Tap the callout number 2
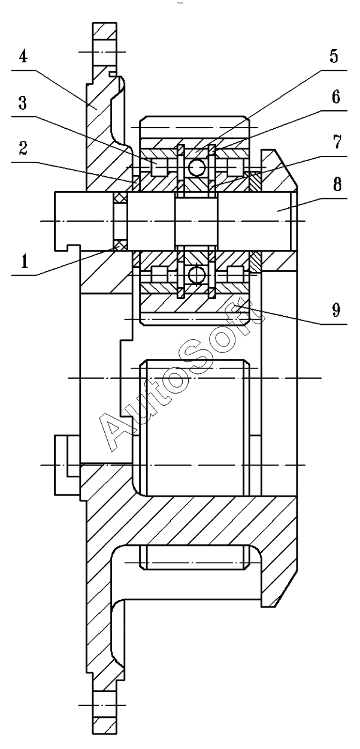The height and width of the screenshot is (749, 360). (x=23, y=149)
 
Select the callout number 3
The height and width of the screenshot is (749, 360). (x=22, y=103)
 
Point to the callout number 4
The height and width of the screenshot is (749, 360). (x=22, y=57)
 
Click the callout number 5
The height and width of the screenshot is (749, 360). (x=335, y=56)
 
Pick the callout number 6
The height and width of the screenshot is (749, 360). (x=336, y=97)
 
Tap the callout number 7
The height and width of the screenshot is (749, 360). (x=337, y=141)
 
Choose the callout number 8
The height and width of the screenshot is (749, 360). (x=337, y=185)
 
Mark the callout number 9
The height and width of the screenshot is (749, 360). (x=336, y=310)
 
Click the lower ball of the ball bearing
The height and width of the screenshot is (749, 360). (x=196, y=275)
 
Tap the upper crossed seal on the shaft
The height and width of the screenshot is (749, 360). (x=120, y=198)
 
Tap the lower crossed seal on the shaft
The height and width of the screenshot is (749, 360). (x=120, y=246)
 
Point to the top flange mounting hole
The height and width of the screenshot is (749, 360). (x=105, y=52)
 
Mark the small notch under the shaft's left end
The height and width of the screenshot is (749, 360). (x=74, y=248)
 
